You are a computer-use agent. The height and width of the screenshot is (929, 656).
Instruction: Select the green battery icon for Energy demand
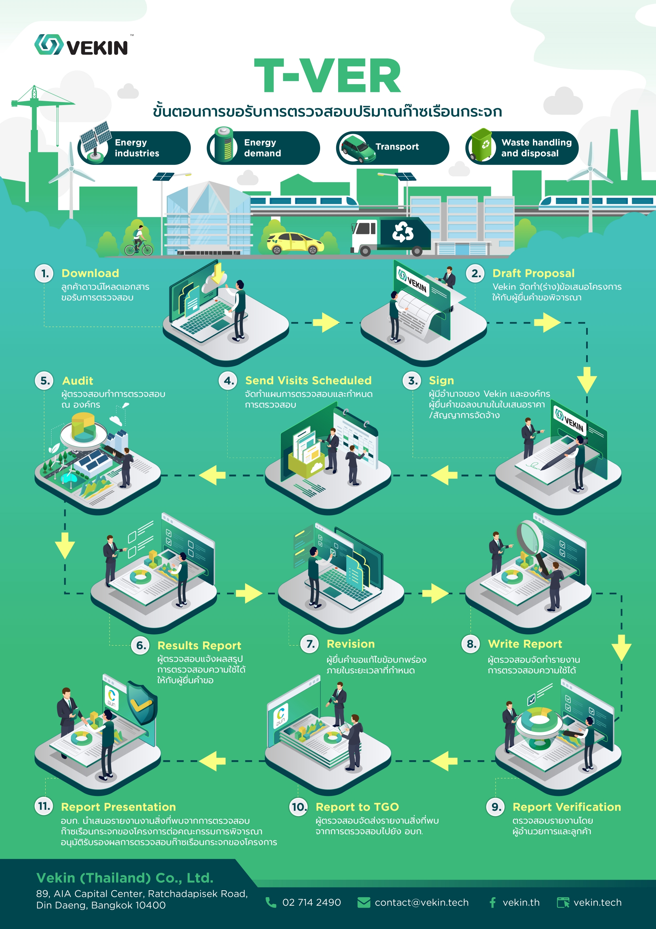[x=223, y=145]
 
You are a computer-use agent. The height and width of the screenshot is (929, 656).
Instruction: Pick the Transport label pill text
[x=397, y=147]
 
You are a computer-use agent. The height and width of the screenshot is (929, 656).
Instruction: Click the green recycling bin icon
[x=482, y=145]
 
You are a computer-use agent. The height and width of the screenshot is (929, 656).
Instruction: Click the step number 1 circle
[x=45, y=274]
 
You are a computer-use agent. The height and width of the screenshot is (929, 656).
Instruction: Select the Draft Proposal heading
[x=533, y=274]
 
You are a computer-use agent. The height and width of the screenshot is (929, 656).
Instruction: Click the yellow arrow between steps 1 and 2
[x=325, y=322]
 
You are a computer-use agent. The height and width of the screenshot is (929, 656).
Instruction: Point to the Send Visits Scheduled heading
[x=308, y=381]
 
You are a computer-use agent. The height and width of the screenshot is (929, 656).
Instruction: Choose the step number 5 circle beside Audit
[x=45, y=381]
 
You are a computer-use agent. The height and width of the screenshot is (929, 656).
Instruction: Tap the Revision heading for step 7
[x=350, y=644]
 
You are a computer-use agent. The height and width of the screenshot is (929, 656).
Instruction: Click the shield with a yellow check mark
[x=141, y=703]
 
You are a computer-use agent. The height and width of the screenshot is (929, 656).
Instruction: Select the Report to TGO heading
[x=357, y=807]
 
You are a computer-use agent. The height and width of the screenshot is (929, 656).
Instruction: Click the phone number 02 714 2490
[x=311, y=902]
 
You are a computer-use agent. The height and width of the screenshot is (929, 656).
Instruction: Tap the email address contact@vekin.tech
[x=421, y=902]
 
